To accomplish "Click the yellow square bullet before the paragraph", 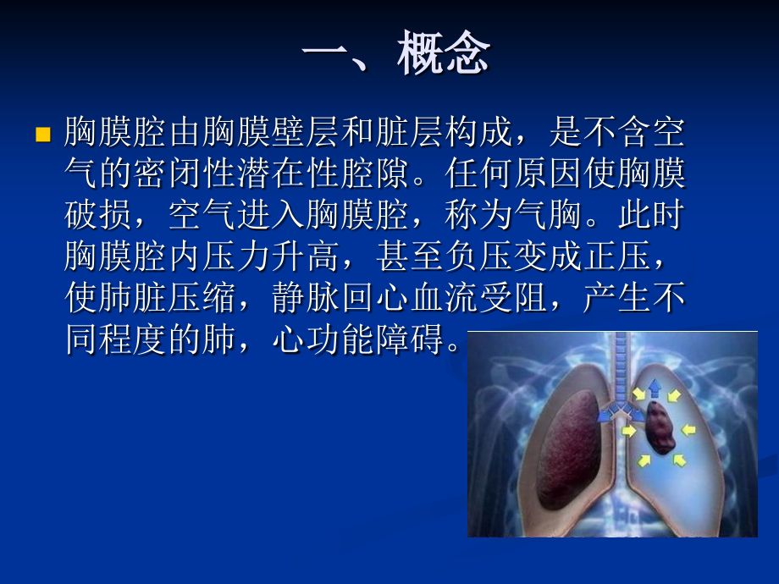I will click(x=42, y=135).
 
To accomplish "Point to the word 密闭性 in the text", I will click(x=185, y=174).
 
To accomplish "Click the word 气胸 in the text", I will click(x=549, y=215).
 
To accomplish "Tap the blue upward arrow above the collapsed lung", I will click(x=655, y=388).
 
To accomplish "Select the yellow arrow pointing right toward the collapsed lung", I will click(x=629, y=432).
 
